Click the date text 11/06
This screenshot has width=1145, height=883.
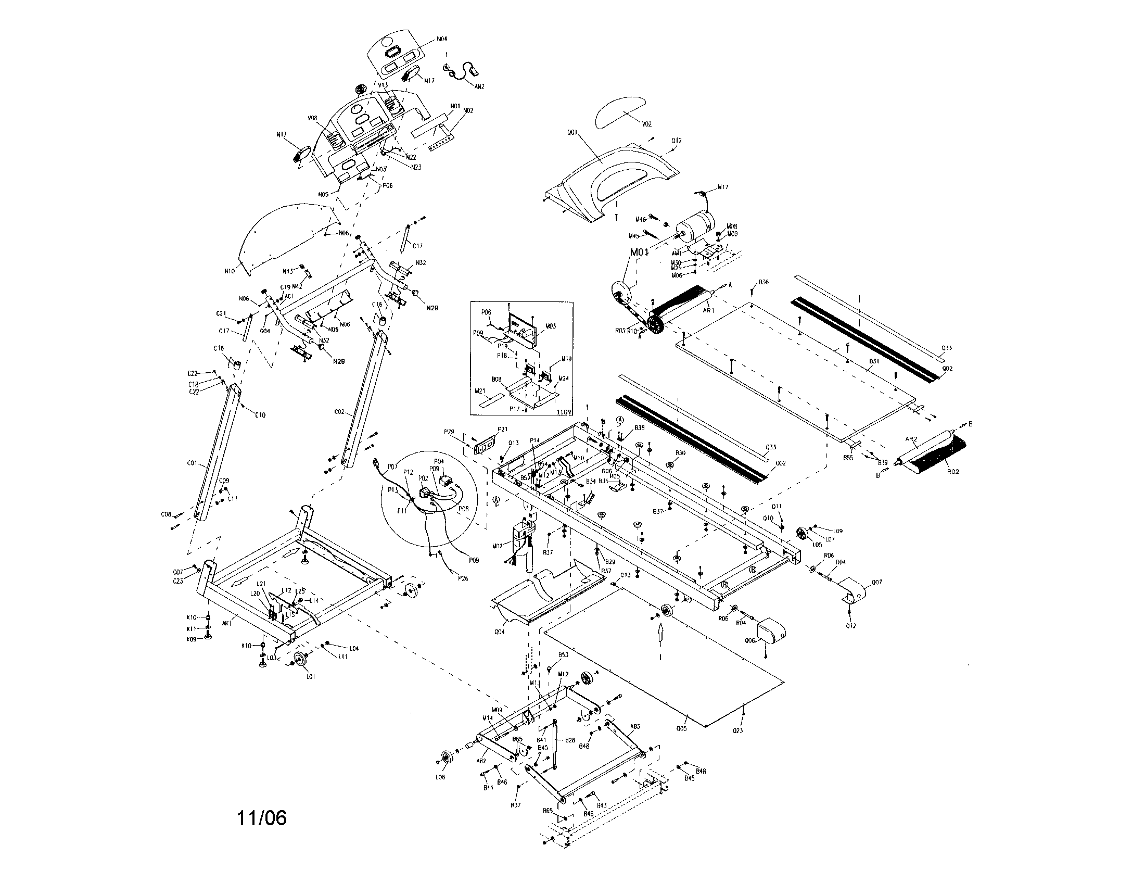pyautogui.click(x=262, y=817)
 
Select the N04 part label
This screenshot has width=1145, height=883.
pyautogui.click(x=442, y=39)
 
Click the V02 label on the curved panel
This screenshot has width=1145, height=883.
pyautogui.click(x=646, y=124)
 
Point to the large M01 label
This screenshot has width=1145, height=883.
pyautogui.click(x=639, y=252)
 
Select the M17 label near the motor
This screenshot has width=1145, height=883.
pyautogui.click(x=723, y=187)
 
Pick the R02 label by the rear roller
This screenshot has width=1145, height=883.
pyautogui.click(x=952, y=471)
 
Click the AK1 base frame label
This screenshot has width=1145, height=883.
pyautogui.click(x=226, y=624)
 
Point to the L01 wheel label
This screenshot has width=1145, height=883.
pyautogui.click(x=310, y=677)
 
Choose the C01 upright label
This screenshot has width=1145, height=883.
pyautogui.click(x=192, y=463)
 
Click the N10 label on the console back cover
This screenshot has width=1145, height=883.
pyautogui.click(x=229, y=271)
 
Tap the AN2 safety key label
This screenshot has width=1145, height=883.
pyautogui.click(x=479, y=86)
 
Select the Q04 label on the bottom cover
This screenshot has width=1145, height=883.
pyautogui.click(x=499, y=632)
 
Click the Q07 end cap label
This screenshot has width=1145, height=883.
pyautogui.click(x=876, y=582)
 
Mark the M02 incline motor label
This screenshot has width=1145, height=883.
pyautogui.click(x=498, y=546)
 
